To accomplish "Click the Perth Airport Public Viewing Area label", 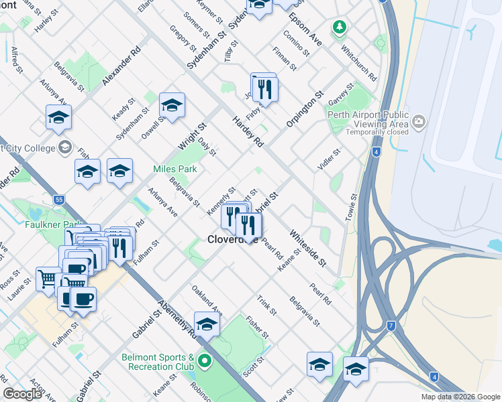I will [368, 119].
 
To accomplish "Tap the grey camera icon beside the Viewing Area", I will [419, 121].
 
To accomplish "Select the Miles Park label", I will [175, 170].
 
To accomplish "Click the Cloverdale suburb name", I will [232, 239].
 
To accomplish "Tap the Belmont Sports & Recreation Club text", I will [158, 362].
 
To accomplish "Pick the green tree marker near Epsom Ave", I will [340, 28].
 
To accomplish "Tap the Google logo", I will [23, 394].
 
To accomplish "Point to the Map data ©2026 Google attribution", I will [460, 397].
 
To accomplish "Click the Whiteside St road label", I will [307, 248].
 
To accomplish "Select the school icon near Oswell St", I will [172, 106].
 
